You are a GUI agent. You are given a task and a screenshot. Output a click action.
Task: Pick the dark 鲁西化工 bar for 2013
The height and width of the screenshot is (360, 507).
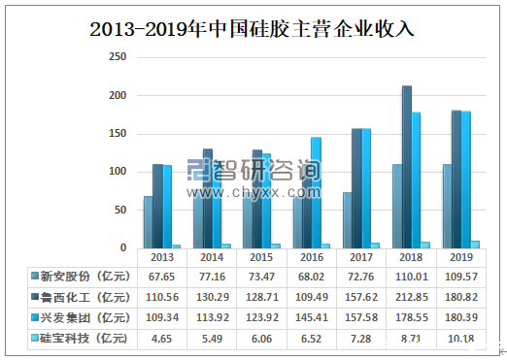(x=157, y=206)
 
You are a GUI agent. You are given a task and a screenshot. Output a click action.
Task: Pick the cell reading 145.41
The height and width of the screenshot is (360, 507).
(x=309, y=317)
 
